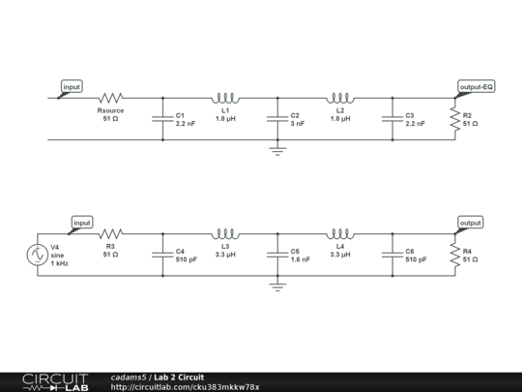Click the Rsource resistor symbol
pyautogui.click(x=111, y=98)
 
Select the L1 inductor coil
pyautogui.click(x=225, y=98)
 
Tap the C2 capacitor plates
pyautogui.click(x=277, y=119)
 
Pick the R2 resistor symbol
pyautogui.click(x=455, y=119)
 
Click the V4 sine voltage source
pyautogui.click(x=38, y=255)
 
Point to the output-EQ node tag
pyautogui.click(x=476, y=87)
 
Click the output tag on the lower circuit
pyautogui.click(x=471, y=223)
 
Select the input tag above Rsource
pyautogui.click(x=72, y=87)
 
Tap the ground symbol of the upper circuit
pyautogui.click(x=277, y=151)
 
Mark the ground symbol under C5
pyautogui.click(x=277, y=287)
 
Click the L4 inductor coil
pyautogui.click(x=340, y=234)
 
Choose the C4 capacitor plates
pyautogui.click(x=162, y=255)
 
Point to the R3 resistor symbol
pyautogui.click(x=111, y=233)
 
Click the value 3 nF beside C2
pyautogui.click(x=298, y=124)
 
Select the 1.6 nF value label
pyautogui.click(x=301, y=259)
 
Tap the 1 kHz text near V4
pyautogui.click(x=59, y=263)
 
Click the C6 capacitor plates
pyautogui.click(x=392, y=255)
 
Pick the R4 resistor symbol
pyautogui.click(x=455, y=255)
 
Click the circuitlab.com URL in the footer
pyautogui.click(x=185, y=387)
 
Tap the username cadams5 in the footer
pyautogui.click(x=129, y=377)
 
